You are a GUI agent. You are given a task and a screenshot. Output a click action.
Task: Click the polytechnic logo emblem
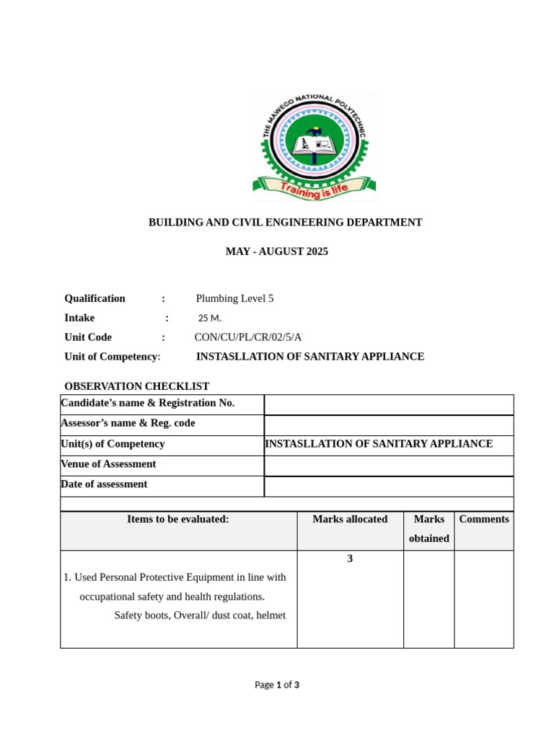(x=314, y=144)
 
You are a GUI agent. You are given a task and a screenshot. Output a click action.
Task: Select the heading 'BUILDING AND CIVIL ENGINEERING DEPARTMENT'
(x=285, y=223)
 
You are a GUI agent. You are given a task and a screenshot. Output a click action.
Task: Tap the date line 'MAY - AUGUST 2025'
(x=276, y=252)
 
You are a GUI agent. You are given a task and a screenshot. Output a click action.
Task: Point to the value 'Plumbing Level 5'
(x=234, y=298)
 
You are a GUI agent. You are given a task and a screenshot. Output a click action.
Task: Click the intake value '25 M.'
(x=210, y=318)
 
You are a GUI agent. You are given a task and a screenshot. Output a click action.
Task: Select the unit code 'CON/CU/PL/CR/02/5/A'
(x=247, y=337)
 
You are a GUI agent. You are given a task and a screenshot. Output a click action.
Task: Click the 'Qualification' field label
(x=94, y=298)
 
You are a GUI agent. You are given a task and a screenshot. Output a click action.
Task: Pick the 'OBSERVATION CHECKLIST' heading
(x=136, y=386)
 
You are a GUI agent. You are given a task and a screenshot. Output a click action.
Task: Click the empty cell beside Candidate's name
(x=389, y=404)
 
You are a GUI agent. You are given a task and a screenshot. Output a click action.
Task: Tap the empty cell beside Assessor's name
(x=389, y=424)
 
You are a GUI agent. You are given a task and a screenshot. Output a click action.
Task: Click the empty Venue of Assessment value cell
(x=389, y=466)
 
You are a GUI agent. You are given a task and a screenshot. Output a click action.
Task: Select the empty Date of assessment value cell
(x=389, y=486)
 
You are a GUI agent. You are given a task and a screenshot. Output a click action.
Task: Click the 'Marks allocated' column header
(x=350, y=519)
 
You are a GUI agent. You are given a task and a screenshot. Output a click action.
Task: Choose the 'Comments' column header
(x=483, y=519)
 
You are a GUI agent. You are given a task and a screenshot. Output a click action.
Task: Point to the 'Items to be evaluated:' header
(x=178, y=519)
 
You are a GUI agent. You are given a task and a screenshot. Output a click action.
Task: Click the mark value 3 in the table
(x=350, y=559)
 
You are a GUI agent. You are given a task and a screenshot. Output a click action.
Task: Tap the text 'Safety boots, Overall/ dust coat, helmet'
(x=200, y=615)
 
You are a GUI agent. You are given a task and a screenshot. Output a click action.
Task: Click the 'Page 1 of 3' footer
(x=277, y=685)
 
